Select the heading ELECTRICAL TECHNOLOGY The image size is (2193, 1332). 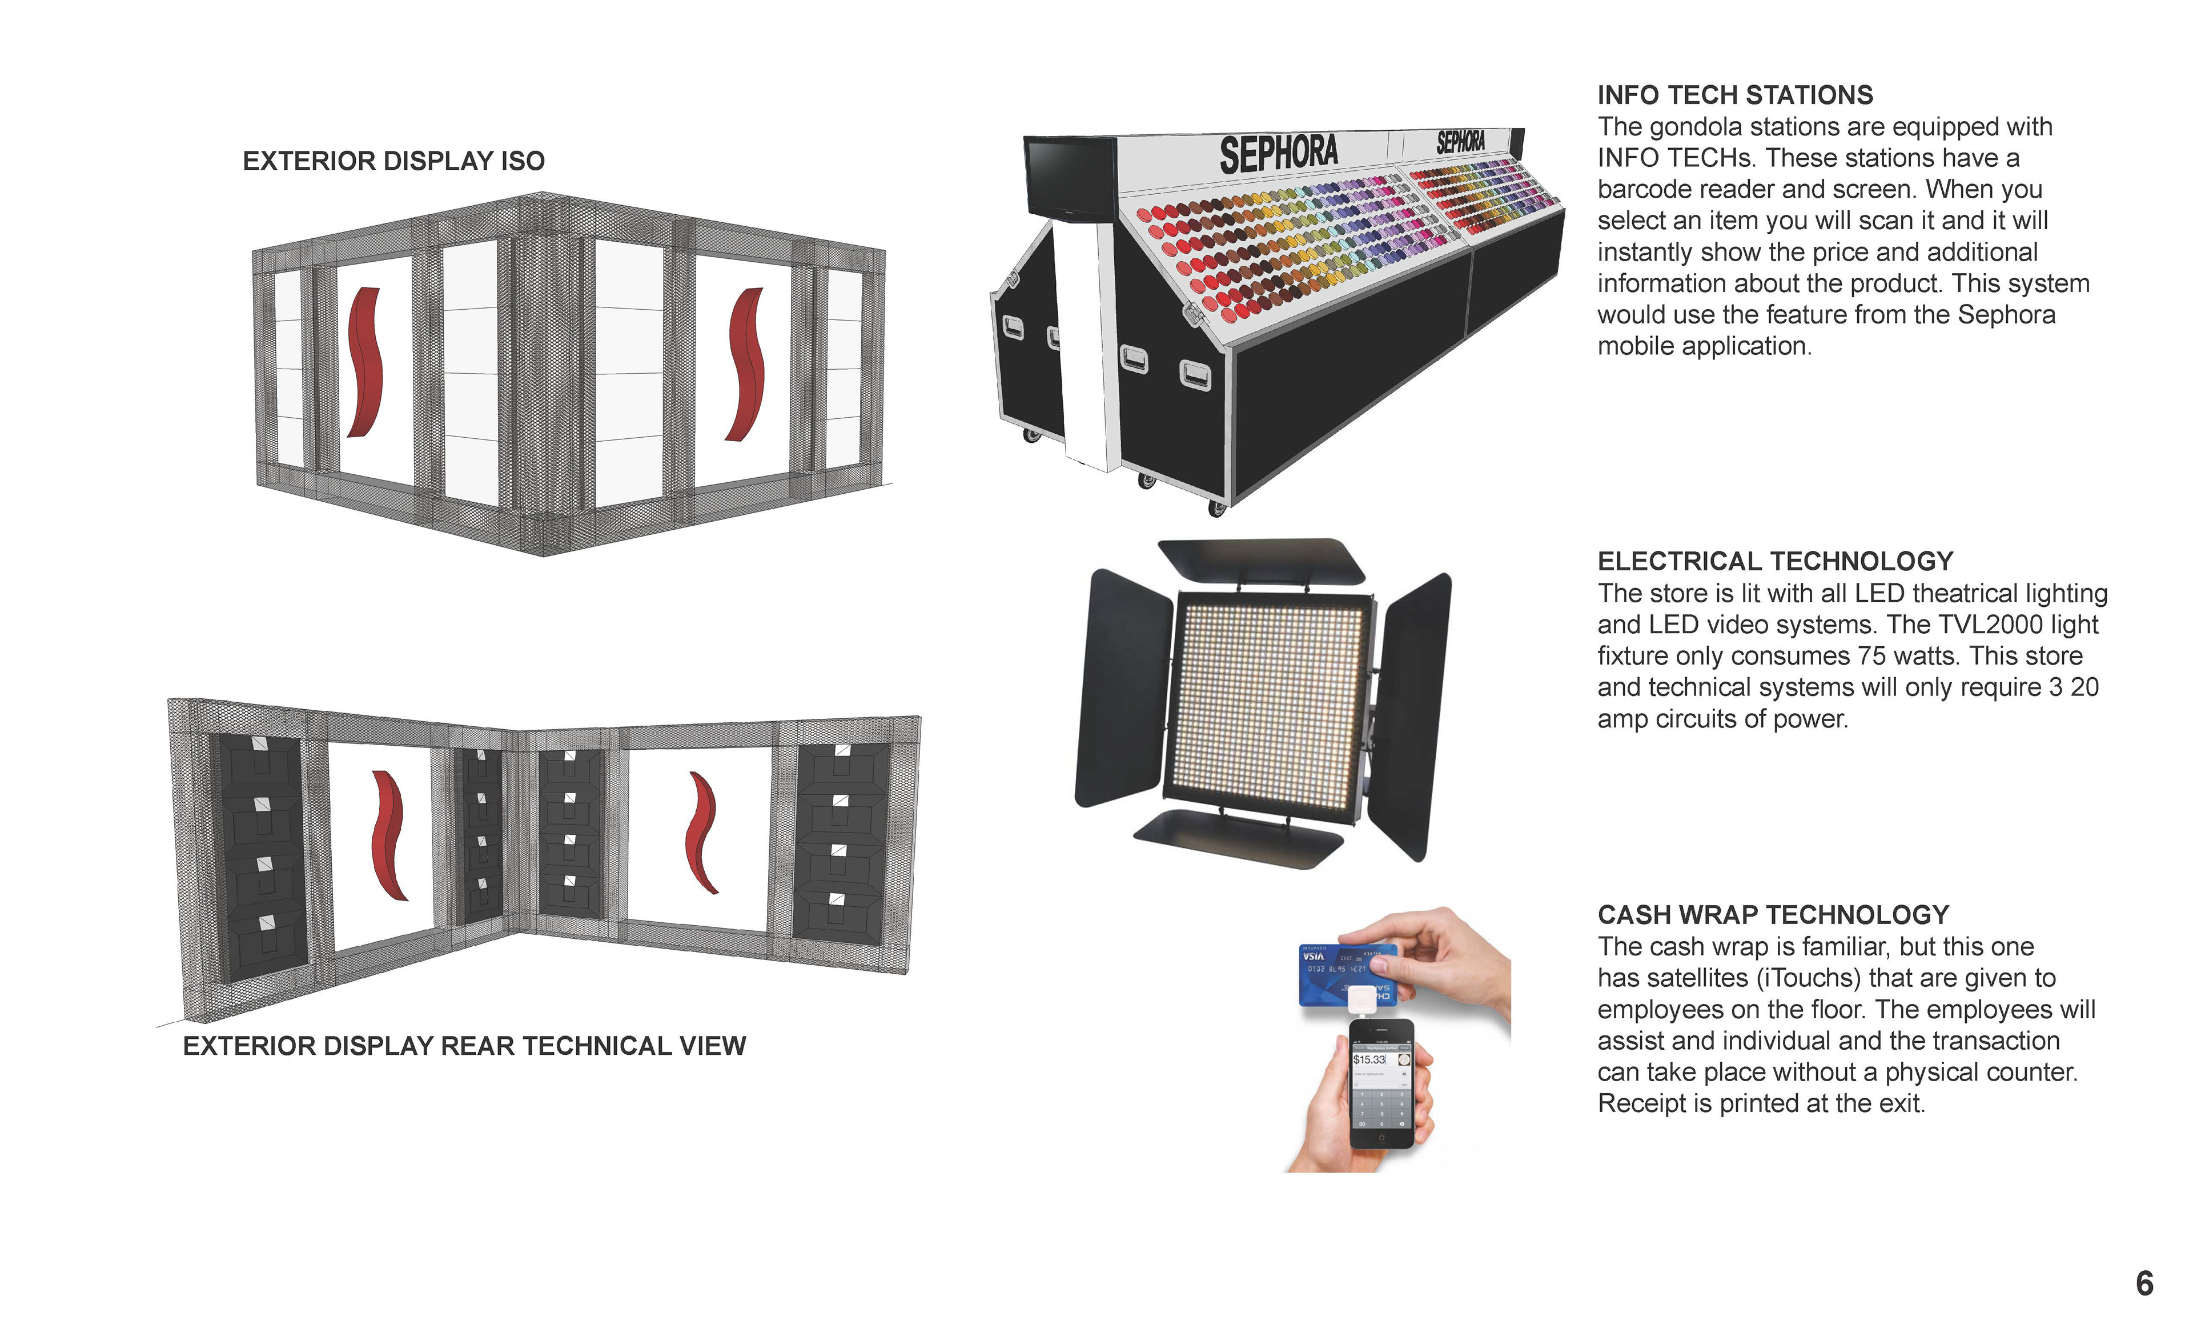[1775, 561]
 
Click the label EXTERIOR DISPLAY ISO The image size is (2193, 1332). [393, 161]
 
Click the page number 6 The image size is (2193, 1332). [2144, 1283]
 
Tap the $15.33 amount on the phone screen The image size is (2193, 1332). [1369, 1059]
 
